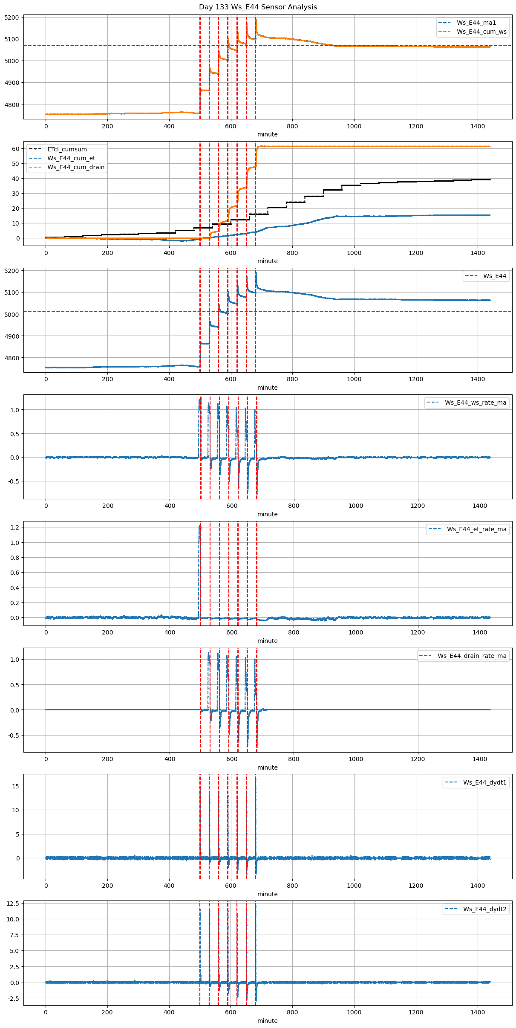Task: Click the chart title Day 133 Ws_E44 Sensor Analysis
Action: tap(258, 7)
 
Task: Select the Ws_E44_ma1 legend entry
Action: tap(476, 23)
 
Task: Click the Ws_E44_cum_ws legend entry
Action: tap(481, 32)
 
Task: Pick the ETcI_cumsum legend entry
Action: tap(67, 150)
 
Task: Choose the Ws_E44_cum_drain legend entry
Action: tap(76, 168)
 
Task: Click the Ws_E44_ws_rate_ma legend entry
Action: tap(476, 403)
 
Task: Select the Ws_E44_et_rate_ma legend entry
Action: tap(476, 530)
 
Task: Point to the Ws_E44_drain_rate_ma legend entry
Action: tap(472, 656)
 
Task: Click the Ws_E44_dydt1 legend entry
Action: tap(484, 783)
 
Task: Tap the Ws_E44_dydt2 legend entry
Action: tap(484, 909)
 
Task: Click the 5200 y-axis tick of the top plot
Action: tap(12, 18)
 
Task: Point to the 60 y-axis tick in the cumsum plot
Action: tap(16, 149)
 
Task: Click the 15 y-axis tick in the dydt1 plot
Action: tap(16, 786)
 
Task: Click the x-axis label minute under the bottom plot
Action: tap(267, 1021)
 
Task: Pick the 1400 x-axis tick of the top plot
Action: tap(478, 126)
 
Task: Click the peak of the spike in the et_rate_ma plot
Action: tap(199, 527)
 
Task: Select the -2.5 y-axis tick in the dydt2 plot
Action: tap(13, 998)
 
